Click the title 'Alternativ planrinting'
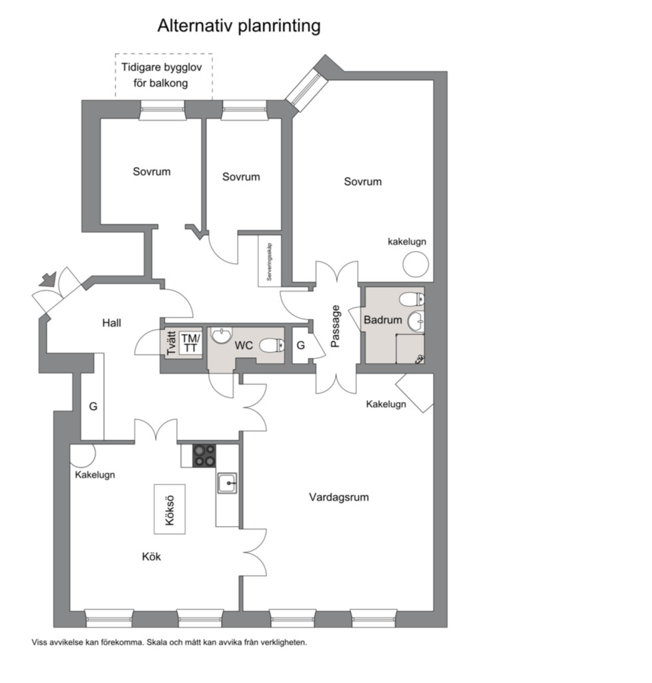pos(239,26)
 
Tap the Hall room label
pos(111,322)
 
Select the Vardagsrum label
pos(339,497)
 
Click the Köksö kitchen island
pos(170,509)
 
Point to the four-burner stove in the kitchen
pos(204,455)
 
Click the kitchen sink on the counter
pos(227,483)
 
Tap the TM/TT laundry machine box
pos(190,343)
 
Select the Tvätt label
pos(172,343)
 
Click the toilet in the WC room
pos(272,346)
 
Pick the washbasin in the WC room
pos(222,335)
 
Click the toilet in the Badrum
pos(412,299)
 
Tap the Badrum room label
pos(383,320)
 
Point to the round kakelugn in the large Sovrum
pos(416,264)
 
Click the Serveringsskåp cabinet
pos(270,261)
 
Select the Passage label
pos(335,326)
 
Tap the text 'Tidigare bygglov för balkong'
pos(161,75)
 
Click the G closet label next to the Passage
pos(300,345)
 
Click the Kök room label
pos(151,556)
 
